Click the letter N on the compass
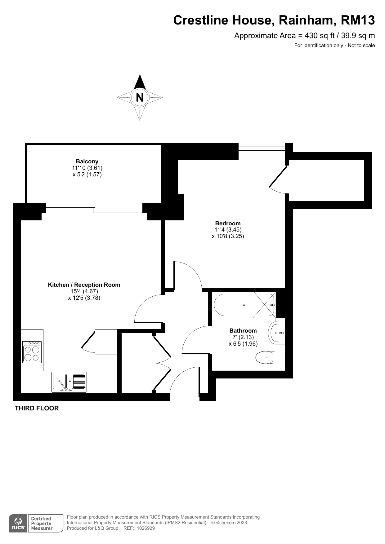140,98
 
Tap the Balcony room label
87,161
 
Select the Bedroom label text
228,223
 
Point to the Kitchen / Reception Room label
84,285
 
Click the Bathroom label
243,330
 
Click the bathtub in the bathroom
244,305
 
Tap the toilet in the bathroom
266,357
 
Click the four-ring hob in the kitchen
32,352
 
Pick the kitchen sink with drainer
69,382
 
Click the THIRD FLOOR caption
37,408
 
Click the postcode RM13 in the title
358,20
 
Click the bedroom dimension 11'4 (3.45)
228,230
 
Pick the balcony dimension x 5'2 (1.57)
87,174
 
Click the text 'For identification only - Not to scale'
335,46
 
